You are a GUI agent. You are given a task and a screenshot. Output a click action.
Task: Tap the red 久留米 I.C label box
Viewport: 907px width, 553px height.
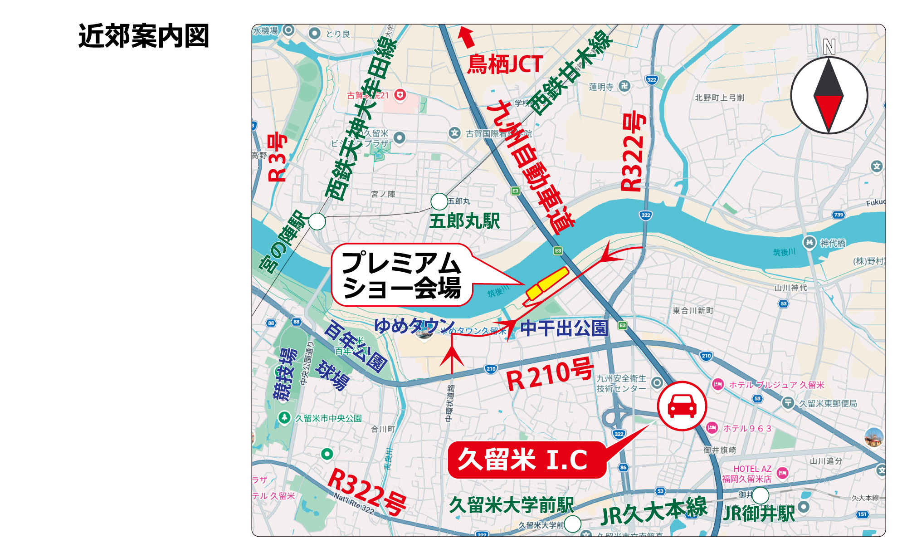pyautogui.click(x=526, y=460)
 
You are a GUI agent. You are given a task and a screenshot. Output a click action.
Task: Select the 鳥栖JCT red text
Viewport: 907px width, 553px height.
pyautogui.click(x=505, y=64)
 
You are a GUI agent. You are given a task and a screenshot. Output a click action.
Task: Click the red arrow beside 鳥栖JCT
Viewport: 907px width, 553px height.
pyautogui.click(x=466, y=37)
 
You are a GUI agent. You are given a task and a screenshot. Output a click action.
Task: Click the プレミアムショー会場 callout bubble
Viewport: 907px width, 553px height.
pyautogui.click(x=401, y=275)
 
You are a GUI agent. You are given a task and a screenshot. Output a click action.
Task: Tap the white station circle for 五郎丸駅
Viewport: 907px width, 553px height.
pyautogui.click(x=439, y=201)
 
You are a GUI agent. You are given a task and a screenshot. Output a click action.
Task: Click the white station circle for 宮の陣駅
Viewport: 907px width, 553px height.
pyautogui.click(x=317, y=221)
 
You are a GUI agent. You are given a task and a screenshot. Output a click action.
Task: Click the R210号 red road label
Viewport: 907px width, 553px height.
pyautogui.click(x=549, y=374)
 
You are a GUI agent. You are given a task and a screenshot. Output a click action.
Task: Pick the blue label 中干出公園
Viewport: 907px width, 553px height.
pyautogui.click(x=563, y=328)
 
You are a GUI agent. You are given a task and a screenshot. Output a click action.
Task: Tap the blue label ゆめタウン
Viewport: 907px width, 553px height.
pyautogui.click(x=414, y=325)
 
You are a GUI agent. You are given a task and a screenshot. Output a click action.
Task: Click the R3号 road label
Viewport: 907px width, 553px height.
pyautogui.click(x=277, y=157)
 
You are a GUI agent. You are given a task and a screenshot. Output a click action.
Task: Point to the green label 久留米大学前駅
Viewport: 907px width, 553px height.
pyautogui.click(x=512, y=504)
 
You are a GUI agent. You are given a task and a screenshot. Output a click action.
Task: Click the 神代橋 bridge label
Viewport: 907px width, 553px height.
pyautogui.click(x=833, y=243)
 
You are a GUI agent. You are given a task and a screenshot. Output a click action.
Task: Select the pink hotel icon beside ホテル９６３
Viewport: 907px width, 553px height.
pyautogui.click(x=712, y=428)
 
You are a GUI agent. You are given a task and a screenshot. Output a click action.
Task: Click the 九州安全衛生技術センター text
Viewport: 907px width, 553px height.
pyautogui.click(x=621, y=383)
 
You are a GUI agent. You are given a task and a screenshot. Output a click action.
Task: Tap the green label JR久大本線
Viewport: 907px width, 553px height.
pyautogui.click(x=653, y=511)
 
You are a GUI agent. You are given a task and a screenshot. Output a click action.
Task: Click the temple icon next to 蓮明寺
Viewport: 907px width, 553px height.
pyautogui.click(x=624, y=86)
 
